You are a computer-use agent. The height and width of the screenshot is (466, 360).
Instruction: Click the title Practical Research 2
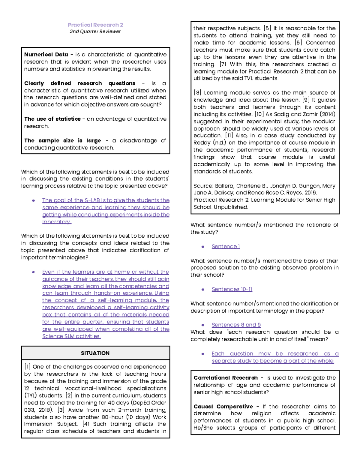[95, 25]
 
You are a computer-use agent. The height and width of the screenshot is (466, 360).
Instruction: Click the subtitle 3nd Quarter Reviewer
[95, 32]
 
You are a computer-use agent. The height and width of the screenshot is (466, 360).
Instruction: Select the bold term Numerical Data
[46, 55]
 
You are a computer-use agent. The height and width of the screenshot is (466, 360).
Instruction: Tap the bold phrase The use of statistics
[52, 119]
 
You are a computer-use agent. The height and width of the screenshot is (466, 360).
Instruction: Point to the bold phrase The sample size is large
[62, 141]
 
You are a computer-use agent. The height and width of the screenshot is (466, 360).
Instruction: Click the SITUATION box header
[95, 353]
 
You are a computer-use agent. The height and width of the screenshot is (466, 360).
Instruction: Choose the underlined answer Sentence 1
[226, 247]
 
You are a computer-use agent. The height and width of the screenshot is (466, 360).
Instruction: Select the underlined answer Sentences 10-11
[232, 289]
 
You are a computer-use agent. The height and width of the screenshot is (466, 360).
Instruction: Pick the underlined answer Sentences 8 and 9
[236, 325]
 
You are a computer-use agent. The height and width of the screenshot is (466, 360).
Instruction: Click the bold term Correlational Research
[225, 378]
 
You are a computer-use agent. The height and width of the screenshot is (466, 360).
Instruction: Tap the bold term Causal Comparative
[223, 407]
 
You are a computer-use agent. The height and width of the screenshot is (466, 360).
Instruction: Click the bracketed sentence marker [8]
[197, 93]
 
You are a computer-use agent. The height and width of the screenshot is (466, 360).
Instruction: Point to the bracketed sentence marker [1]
[27, 367]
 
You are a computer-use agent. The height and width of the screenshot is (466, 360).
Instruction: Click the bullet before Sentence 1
[203, 247]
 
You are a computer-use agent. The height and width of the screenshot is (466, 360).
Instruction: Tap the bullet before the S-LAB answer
[34, 200]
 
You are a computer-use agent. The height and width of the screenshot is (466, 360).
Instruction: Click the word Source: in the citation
[203, 186]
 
